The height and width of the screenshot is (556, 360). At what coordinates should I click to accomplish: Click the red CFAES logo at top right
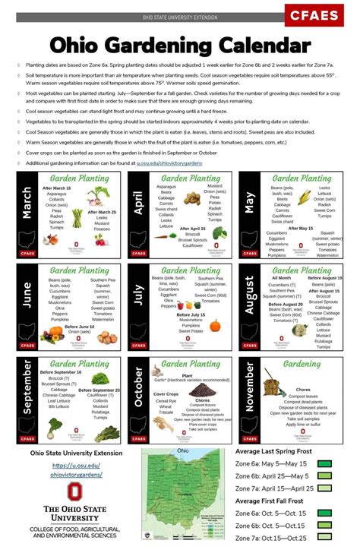point(314,14)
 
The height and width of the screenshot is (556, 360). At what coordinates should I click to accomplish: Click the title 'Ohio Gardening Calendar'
point(180,46)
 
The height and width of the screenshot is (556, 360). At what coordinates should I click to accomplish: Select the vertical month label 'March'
point(27,203)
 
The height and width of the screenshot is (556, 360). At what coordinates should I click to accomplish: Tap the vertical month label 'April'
point(138,203)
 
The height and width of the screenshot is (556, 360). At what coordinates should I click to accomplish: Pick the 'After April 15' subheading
point(193,229)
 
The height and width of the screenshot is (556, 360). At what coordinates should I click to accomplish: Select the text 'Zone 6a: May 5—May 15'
point(271,463)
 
